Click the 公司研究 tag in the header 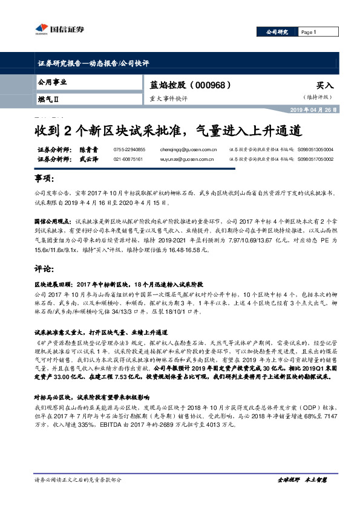pos(277,32)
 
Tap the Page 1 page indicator pos(309,32)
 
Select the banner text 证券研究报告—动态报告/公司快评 pos(93,63)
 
